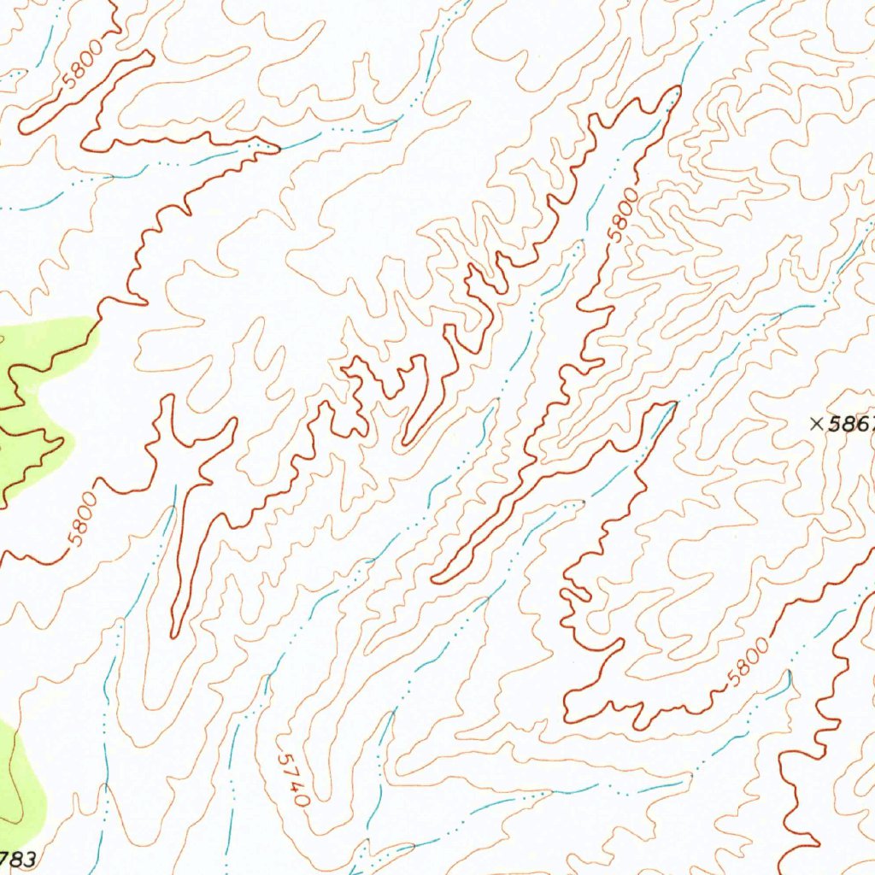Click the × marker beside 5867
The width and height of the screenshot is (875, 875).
pyautogui.click(x=816, y=422)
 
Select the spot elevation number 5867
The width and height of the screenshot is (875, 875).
pyautogui.click(x=851, y=424)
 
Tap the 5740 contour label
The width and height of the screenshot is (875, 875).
pyautogui.click(x=292, y=779)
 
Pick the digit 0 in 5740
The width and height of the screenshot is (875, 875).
pyautogui.click(x=301, y=801)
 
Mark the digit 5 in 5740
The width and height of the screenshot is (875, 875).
pyautogui.click(x=283, y=758)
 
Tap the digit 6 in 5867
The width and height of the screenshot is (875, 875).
pyautogui.click(x=857, y=424)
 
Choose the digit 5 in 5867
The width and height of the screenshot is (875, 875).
pyautogui.click(x=834, y=424)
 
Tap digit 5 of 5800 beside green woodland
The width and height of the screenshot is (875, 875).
pyautogui.click(x=76, y=539)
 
